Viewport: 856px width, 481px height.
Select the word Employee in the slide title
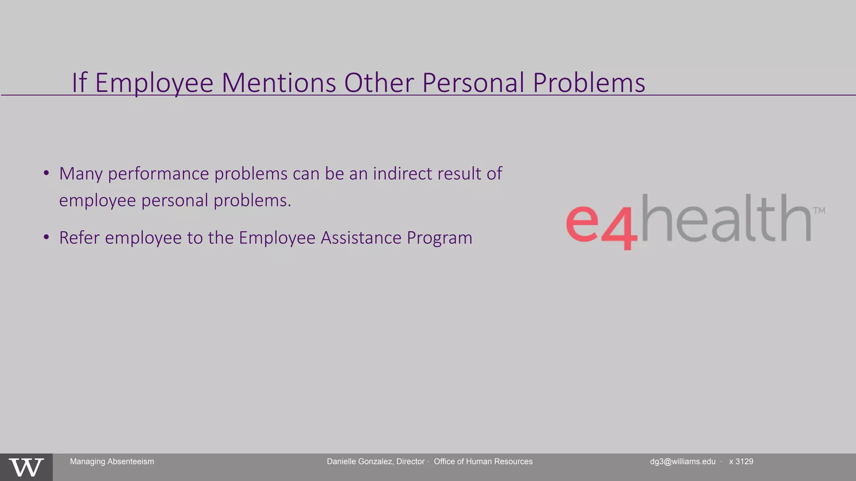(x=154, y=83)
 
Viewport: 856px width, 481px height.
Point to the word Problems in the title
(x=589, y=83)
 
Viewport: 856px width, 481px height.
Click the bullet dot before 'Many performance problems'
(x=46, y=173)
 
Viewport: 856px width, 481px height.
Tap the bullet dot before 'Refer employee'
(x=46, y=237)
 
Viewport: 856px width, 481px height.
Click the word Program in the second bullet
(x=439, y=238)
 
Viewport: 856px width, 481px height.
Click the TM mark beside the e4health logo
(x=819, y=210)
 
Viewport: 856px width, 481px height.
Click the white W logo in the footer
(x=26, y=467)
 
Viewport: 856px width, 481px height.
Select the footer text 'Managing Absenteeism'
(x=112, y=461)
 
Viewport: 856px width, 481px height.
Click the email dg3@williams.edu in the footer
(x=683, y=461)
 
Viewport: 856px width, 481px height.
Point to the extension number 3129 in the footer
(x=744, y=461)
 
